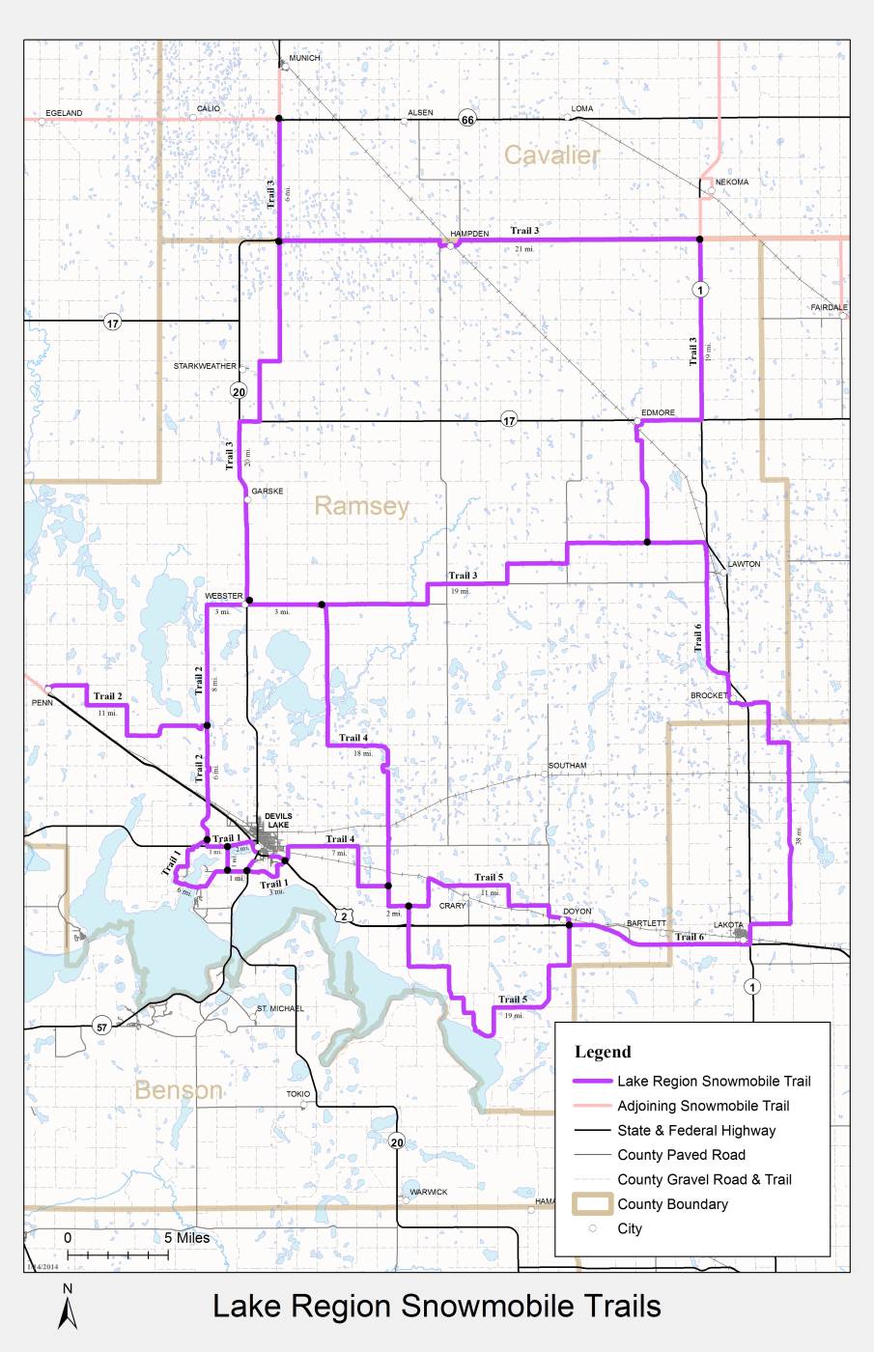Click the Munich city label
(304, 58)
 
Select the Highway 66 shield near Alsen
(467, 119)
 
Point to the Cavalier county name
(551, 155)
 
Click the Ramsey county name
(361, 506)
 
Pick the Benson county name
(179, 1090)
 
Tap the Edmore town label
(658, 413)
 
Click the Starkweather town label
(205, 367)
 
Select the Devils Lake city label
(278, 821)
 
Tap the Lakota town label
(728, 925)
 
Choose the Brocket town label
(709, 696)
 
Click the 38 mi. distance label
(799, 835)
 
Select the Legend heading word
(603, 1053)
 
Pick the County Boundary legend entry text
(672, 1204)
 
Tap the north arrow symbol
(68, 1307)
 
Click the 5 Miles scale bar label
(186, 1237)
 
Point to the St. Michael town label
(280, 1008)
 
